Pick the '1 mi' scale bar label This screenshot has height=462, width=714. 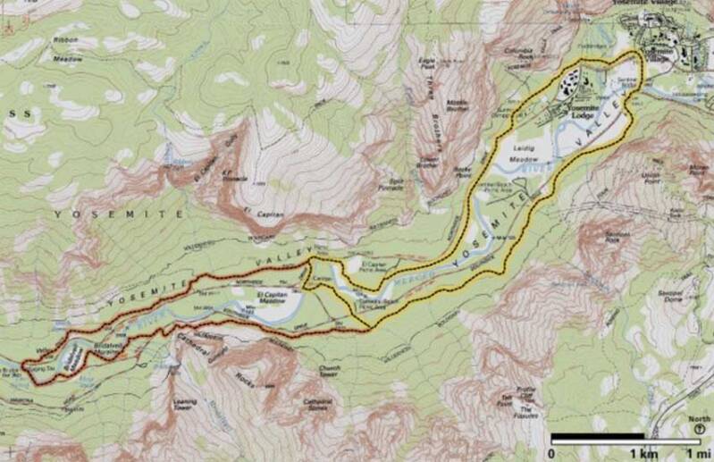click(x=695, y=453)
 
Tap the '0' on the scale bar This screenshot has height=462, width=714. click(x=551, y=453)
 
